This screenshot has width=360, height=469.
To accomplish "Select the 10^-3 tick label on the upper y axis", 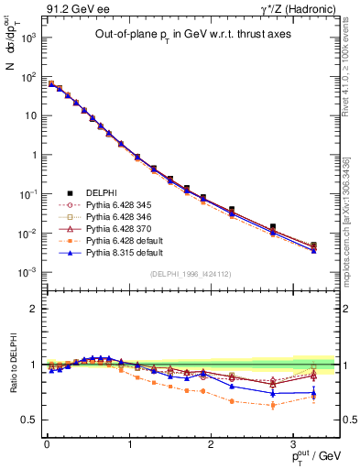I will coord(27,272).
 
